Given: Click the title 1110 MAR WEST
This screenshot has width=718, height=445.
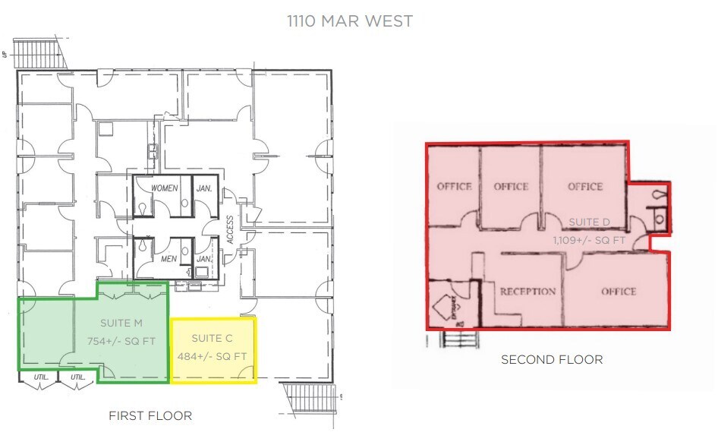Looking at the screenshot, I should (349, 21).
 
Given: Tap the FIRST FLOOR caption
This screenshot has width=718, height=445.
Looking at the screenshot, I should (150, 415).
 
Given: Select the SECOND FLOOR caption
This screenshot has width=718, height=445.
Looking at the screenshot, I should (552, 359).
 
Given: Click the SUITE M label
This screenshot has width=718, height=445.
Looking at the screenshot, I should (121, 323).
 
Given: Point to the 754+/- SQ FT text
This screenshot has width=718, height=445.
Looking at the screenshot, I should (121, 341).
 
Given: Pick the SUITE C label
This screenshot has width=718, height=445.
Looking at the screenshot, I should (213, 338).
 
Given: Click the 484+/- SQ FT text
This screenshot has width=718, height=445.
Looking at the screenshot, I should (213, 356).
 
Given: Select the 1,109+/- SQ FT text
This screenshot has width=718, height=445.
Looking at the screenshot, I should (590, 239).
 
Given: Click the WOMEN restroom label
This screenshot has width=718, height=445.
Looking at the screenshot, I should (164, 188).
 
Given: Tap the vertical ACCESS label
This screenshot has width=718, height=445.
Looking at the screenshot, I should (230, 229).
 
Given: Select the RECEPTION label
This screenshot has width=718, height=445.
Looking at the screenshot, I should (527, 292).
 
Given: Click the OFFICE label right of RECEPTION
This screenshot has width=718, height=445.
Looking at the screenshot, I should (619, 292).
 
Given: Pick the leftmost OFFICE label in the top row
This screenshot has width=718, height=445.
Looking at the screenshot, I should (454, 186).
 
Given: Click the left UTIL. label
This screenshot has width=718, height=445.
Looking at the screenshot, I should (40, 377).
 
